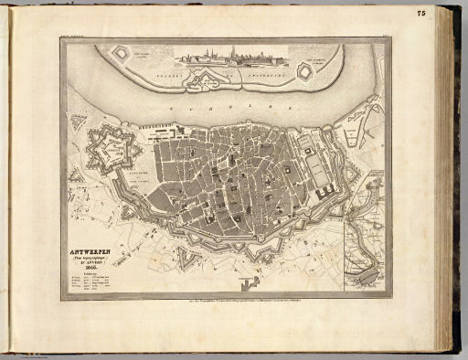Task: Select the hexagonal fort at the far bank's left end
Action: (120, 54)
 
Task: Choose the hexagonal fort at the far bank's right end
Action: (305, 71)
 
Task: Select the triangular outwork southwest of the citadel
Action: (76, 174)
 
